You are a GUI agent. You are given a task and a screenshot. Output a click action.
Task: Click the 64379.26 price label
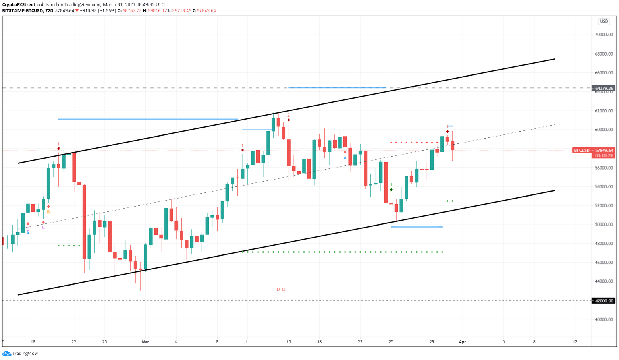point(604,88)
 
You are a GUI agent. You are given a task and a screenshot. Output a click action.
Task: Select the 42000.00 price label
point(604,300)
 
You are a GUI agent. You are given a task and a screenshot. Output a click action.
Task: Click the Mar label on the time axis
point(145,342)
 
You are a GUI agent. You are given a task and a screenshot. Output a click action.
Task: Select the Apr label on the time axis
point(462,342)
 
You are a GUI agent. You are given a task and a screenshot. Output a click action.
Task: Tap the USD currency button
point(604,21)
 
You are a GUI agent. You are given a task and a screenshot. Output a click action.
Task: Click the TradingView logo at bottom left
point(20,353)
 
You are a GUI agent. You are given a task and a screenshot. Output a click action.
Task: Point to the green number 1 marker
point(391,185)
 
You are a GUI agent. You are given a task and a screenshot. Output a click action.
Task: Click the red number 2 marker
point(289,115)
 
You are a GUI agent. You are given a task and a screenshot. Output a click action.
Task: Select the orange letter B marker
point(48,212)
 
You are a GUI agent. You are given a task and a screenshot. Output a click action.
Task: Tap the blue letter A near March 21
point(345,158)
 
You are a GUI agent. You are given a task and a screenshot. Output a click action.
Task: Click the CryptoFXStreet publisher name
point(19,4)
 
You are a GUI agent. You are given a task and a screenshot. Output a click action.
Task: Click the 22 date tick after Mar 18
point(360,342)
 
